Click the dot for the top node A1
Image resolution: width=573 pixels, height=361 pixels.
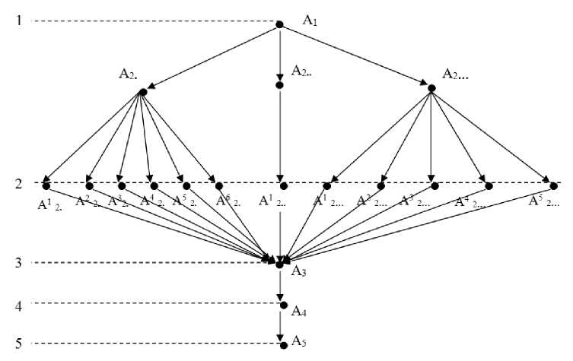(x=279, y=25)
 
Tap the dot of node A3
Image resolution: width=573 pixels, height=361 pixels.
(x=280, y=264)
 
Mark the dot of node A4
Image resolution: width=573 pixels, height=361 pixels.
(x=283, y=306)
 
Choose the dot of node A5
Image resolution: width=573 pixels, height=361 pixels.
(x=283, y=345)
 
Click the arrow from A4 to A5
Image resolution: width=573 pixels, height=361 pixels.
(x=281, y=325)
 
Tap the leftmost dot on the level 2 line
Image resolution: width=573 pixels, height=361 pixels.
(x=46, y=185)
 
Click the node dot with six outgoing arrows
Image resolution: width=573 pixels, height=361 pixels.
(x=142, y=93)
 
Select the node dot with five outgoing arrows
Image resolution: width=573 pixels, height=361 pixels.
(x=431, y=89)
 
